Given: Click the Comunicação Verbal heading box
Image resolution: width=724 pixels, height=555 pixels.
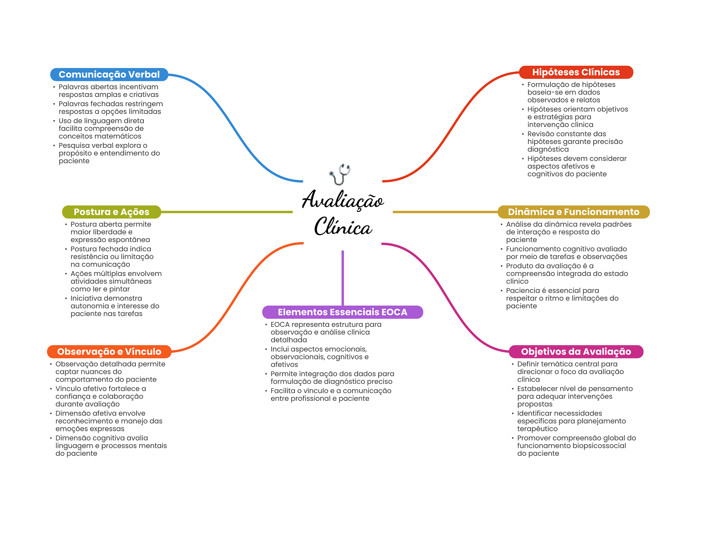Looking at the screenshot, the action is (x=109, y=75).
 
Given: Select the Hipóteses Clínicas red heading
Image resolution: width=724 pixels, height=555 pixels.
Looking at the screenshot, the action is (x=576, y=72).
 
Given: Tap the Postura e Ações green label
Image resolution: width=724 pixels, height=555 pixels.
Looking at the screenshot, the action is (x=111, y=212).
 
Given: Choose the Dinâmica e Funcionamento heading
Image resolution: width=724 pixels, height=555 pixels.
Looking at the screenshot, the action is (x=573, y=212).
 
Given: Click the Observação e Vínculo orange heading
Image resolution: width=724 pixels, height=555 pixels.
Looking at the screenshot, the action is (x=109, y=352).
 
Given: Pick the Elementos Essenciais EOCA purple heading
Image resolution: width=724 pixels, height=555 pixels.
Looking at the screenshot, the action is (x=342, y=312).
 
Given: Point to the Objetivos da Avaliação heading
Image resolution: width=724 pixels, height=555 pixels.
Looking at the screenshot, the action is (x=576, y=352).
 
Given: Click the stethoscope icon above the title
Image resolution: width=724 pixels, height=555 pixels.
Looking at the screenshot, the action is (x=340, y=174).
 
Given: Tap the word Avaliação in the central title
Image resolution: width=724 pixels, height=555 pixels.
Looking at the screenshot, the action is (x=343, y=200).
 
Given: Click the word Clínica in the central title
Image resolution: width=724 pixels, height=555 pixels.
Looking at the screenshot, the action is (x=343, y=227).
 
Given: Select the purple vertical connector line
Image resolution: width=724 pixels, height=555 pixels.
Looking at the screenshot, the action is (x=343, y=278).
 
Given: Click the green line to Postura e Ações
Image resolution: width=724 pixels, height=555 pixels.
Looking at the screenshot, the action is (x=226, y=212).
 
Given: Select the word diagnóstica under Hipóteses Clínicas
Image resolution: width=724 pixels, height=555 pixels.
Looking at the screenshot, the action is (x=548, y=149).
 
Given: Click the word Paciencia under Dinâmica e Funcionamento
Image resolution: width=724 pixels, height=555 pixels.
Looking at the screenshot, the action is (x=523, y=290).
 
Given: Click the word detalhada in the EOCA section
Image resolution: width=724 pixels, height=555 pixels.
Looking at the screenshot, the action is (x=288, y=340).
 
